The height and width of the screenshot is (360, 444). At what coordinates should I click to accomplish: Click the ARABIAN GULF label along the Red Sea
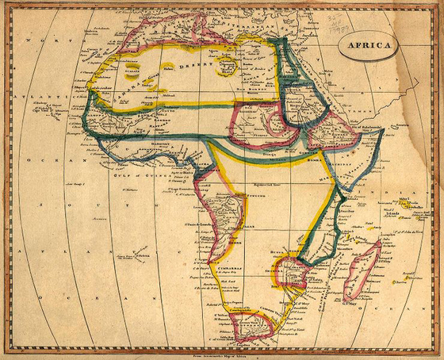click(313, 95)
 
